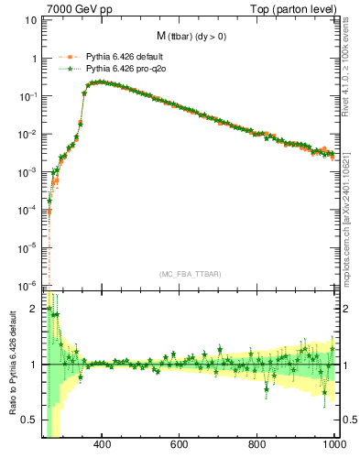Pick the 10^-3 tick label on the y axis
tap(27, 171)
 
